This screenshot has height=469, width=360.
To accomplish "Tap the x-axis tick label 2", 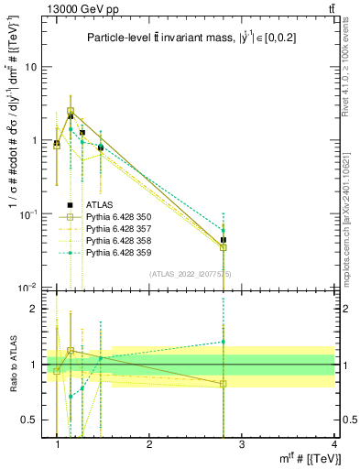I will click(x=149, y=444).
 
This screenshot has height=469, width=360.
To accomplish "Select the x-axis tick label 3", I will click(x=242, y=444).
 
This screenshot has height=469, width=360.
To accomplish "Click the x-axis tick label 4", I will click(x=333, y=444).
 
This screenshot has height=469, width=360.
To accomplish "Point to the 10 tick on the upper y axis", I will click(x=30, y=67).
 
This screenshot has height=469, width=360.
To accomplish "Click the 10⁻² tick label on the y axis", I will click(x=28, y=288).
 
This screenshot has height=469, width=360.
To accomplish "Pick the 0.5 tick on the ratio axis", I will click(x=28, y=420).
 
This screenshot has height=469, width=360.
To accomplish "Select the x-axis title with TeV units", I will click(x=293, y=459).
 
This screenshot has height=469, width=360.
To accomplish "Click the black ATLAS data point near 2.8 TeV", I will click(x=224, y=240).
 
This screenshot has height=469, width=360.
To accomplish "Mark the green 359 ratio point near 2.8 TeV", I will click(x=224, y=342).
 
